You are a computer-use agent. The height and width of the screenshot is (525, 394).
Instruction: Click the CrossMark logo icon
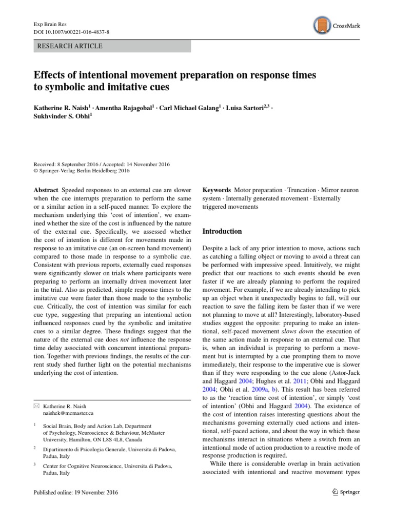[320, 25]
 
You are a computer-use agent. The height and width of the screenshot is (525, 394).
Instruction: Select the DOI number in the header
[72, 32]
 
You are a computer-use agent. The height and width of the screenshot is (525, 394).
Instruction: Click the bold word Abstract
[46, 190]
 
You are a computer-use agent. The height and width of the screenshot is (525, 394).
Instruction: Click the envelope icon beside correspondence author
[35, 406]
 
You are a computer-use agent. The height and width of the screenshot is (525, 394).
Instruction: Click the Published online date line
[75, 493]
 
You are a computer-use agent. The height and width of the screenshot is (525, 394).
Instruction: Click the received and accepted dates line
[101, 164]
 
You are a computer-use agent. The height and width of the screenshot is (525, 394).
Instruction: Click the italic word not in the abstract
[139, 339]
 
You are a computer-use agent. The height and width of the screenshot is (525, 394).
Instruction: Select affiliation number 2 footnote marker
[34, 448]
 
